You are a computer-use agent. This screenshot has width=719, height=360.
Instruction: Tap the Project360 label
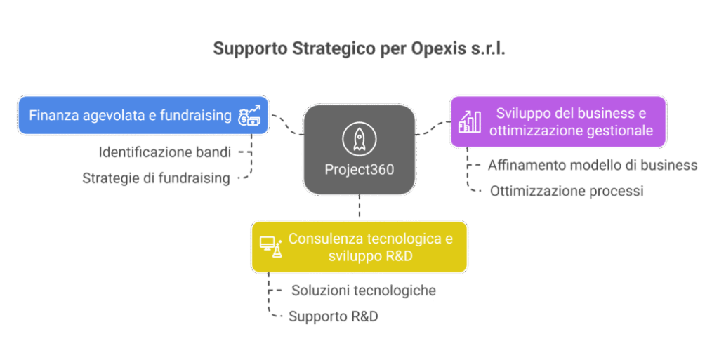[x=359, y=170]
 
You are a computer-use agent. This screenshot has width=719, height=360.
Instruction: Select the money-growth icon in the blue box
[x=251, y=115]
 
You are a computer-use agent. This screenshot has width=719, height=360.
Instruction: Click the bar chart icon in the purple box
[x=469, y=121]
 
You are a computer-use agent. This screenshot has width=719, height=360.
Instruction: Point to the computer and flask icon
[x=270, y=246]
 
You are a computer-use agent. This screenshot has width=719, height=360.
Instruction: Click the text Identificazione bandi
[x=165, y=152]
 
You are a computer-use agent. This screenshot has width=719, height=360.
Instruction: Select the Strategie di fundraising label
[x=156, y=178]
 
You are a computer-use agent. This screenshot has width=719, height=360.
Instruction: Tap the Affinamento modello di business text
[x=592, y=166]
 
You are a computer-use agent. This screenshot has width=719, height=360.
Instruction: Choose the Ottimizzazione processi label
[x=566, y=191]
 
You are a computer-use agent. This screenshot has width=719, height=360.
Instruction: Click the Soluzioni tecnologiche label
[x=364, y=291]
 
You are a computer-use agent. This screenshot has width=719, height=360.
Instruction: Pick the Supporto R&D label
[x=333, y=316]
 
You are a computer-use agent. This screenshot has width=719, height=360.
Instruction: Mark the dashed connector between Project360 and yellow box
[x=359, y=208]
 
